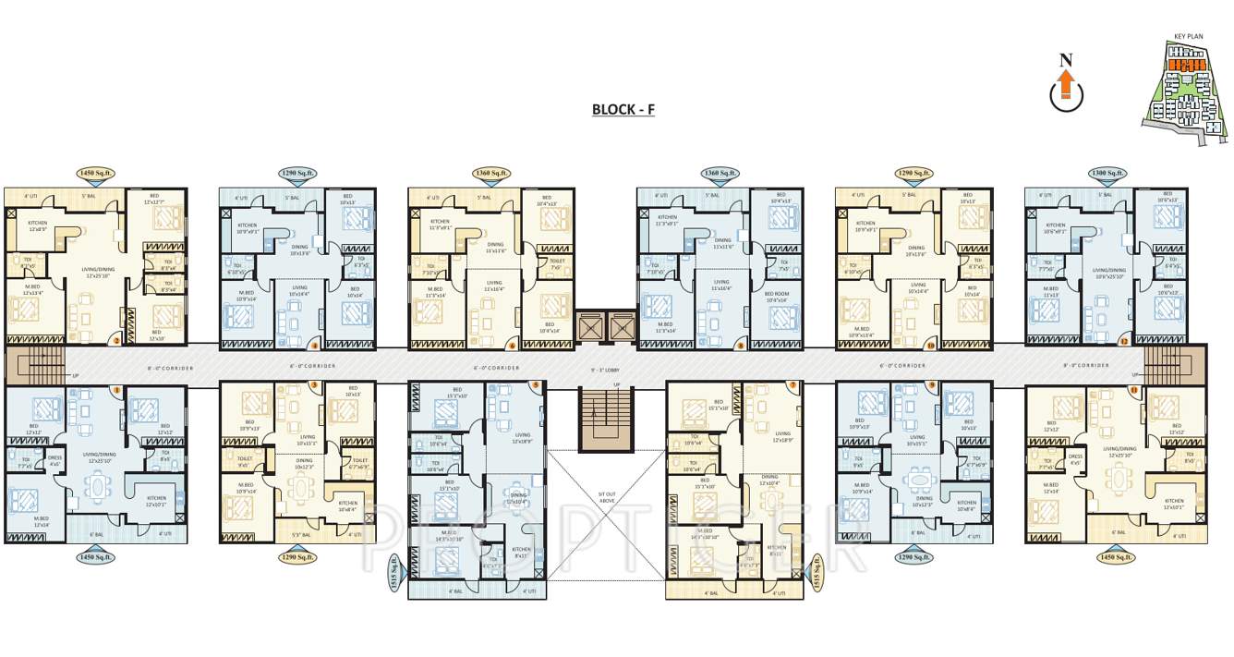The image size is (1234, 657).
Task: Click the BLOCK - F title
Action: pyautogui.click(x=623, y=109)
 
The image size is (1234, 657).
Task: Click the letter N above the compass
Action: pyautogui.click(x=1066, y=61)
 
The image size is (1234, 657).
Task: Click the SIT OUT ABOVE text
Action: pyautogui.click(x=607, y=499)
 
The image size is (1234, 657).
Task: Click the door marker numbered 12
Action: pyautogui.click(x=1124, y=342)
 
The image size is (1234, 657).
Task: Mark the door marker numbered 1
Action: pyautogui.click(x=1134, y=390)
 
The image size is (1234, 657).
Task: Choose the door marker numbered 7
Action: pyautogui.click(x=792, y=384)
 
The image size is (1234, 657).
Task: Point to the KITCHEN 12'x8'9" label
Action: pyautogui.click(x=37, y=226)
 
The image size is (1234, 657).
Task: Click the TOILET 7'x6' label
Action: pyautogui.click(x=556, y=264)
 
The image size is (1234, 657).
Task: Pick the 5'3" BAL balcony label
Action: pyautogui.click(x=301, y=534)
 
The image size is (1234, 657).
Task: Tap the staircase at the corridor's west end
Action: pyautogui.click(x=36, y=365)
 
